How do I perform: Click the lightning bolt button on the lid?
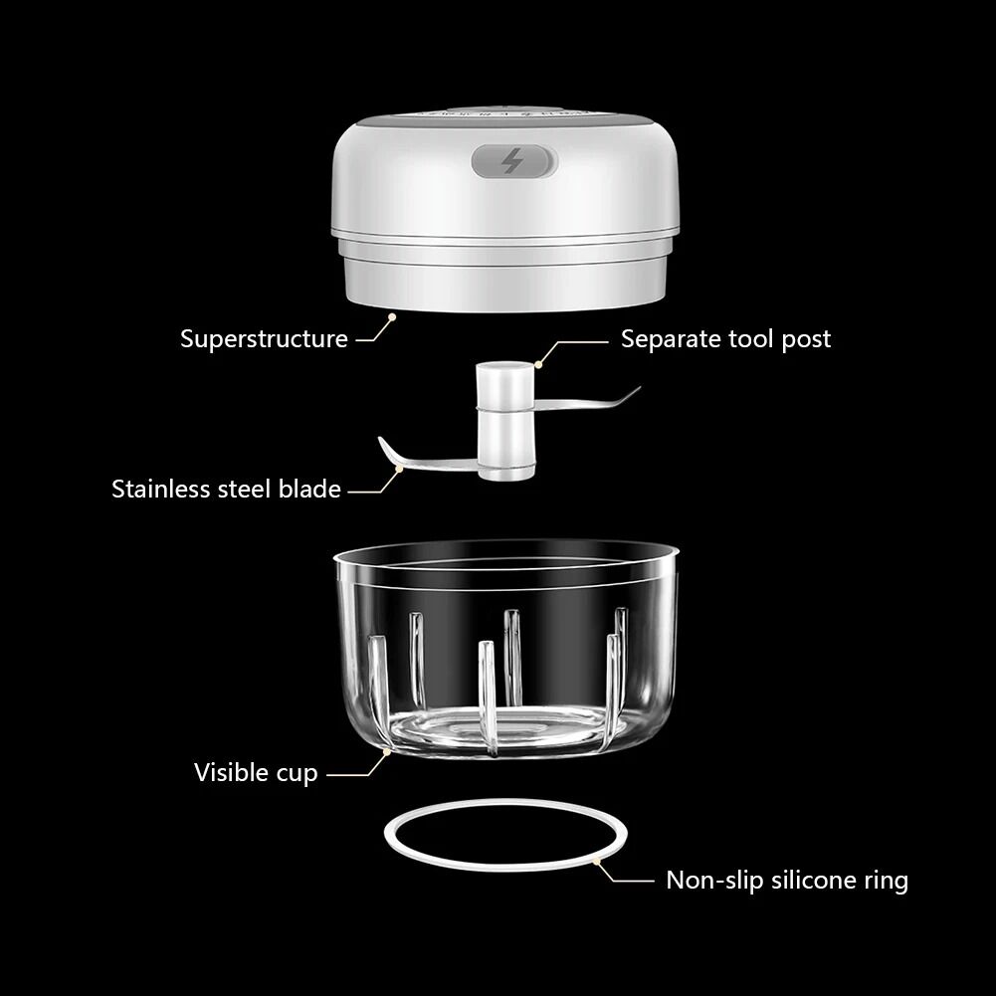click(x=513, y=161)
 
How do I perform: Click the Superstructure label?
click(x=264, y=338)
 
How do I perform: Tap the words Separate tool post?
click(x=725, y=339)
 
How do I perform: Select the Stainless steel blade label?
click(x=226, y=490)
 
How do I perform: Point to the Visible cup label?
click(x=256, y=773)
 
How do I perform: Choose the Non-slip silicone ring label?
click(x=787, y=881)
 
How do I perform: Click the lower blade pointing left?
click(x=427, y=459)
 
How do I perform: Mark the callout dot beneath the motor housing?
click(x=392, y=316)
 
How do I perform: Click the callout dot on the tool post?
click(x=538, y=364)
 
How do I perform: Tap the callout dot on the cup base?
click(x=386, y=752)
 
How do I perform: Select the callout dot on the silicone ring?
click(x=596, y=862)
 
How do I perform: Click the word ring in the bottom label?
click(x=887, y=882)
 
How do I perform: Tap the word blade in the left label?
click(x=310, y=490)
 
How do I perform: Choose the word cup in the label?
click(x=297, y=775)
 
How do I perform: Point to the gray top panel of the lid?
click(x=505, y=115)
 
